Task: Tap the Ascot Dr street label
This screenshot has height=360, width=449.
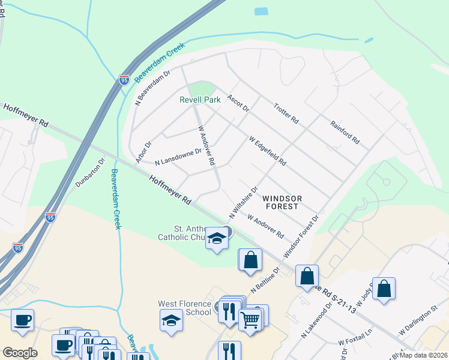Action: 238,103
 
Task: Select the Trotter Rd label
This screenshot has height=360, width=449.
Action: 286,112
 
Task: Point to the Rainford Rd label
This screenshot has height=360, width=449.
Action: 345,132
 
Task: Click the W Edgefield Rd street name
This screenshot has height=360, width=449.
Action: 268,151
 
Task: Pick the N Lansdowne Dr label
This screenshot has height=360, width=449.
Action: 178,158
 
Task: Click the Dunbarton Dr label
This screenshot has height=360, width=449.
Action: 90,172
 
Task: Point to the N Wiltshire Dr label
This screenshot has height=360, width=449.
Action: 243,202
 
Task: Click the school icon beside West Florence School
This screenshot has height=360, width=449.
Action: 172,321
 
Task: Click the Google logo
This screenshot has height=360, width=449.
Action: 19,352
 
